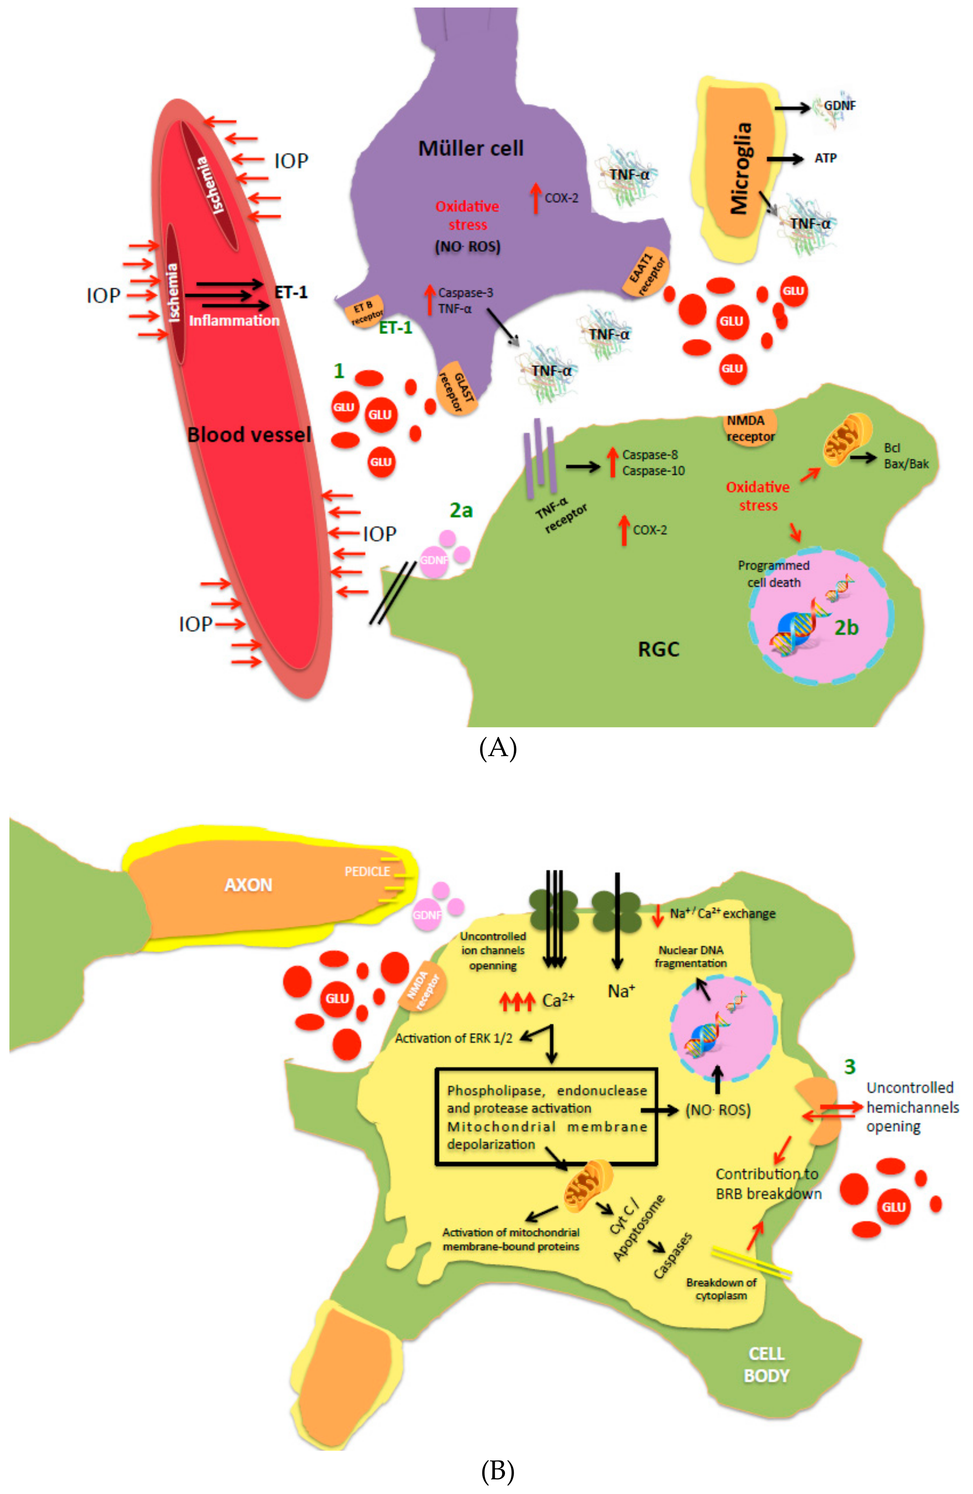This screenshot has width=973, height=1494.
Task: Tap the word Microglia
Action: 741,168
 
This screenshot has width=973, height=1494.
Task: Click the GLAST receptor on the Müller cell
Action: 457,389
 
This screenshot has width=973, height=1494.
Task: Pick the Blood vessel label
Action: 249,434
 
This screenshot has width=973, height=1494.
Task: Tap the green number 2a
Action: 461,510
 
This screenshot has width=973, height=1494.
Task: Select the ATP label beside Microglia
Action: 825,158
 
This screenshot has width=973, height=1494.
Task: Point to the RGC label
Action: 659,649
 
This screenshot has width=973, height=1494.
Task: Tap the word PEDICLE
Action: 367,871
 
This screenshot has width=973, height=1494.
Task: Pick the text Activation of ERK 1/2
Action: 453,1038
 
